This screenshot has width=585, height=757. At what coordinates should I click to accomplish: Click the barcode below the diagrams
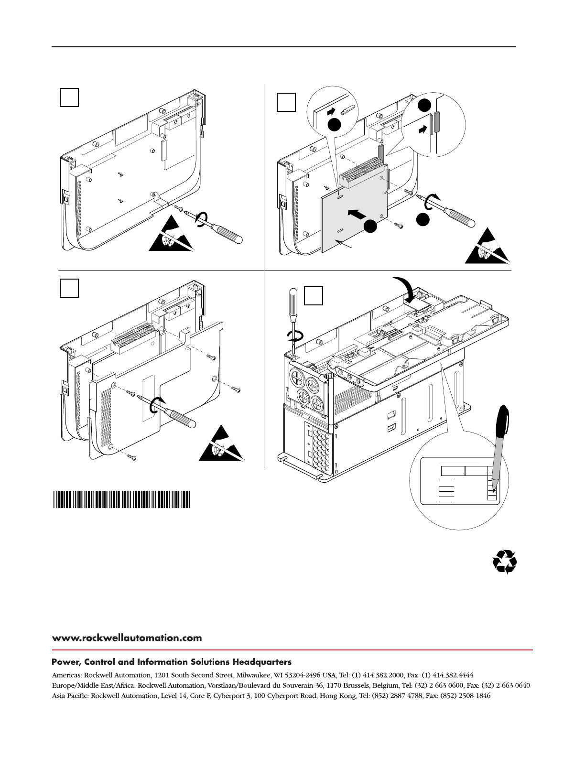pyautogui.click(x=121, y=499)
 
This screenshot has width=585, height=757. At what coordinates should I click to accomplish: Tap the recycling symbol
pyautogui.click(x=505, y=562)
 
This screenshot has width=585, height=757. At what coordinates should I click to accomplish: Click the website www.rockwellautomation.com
pyautogui.click(x=127, y=638)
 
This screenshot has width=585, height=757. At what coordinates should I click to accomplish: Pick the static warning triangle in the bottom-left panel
pyautogui.click(x=221, y=444)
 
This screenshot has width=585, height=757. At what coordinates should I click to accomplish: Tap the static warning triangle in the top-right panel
pyautogui.click(x=488, y=248)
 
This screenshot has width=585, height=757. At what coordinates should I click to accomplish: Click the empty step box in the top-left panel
pyautogui.click(x=69, y=97)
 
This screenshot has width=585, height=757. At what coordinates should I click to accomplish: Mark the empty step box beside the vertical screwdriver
pyautogui.click(x=313, y=295)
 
